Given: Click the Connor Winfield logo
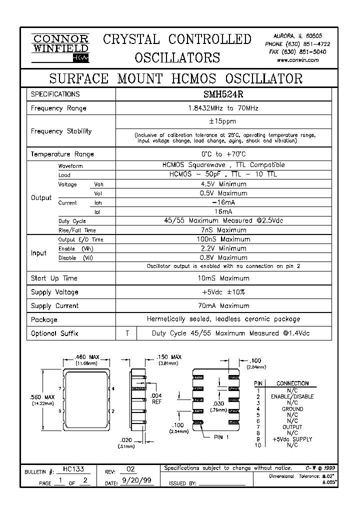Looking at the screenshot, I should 60,48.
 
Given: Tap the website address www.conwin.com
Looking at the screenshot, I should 297,59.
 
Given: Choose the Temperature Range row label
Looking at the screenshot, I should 62,154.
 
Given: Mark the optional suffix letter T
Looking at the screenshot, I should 127,333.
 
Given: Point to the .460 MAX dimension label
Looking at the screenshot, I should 87,357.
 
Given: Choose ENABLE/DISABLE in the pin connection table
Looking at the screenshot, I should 292,396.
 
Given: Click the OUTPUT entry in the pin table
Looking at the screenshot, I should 292,427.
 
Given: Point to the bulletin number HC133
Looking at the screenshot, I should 73,470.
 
